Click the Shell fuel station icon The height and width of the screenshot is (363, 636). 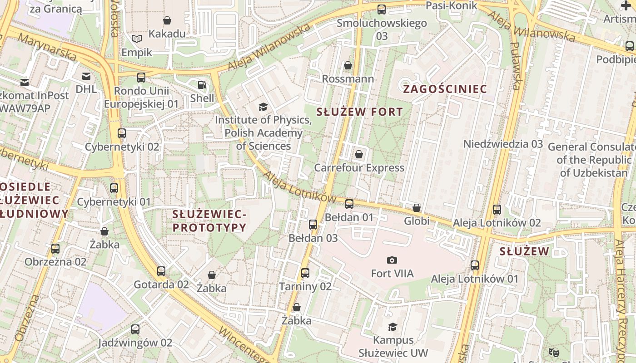point(201,85)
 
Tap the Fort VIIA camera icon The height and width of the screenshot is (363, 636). point(392,260)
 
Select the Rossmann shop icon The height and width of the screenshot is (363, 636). point(348,66)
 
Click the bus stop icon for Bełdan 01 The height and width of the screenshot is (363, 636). point(349,204)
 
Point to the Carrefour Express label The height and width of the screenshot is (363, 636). point(359,168)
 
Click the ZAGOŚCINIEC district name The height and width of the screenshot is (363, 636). point(445,89)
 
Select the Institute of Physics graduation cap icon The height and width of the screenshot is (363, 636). point(263,107)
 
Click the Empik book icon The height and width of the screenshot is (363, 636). point(137,39)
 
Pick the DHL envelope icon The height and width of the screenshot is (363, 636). point(86,76)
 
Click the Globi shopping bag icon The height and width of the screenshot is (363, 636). point(417,208)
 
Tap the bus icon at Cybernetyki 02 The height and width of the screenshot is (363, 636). point(122,133)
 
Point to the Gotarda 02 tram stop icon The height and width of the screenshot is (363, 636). point(161,271)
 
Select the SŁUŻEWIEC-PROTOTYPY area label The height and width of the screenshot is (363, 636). point(209,221)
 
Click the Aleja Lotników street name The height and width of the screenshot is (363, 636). point(299,187)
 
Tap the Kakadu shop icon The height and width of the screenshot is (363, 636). point(167,20)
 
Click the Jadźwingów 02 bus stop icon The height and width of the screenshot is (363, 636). point(135,329)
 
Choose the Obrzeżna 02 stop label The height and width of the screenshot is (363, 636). point(55,262)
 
